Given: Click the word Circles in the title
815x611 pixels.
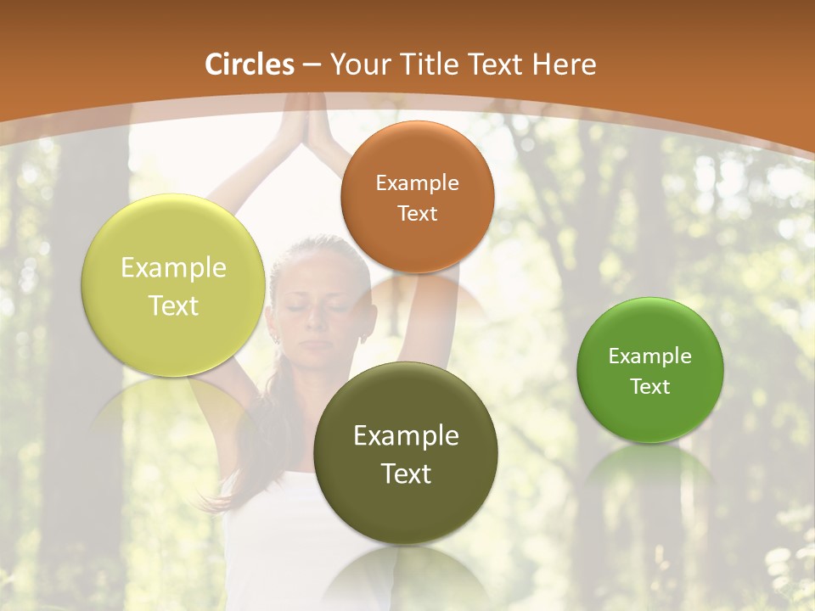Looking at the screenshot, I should point(249,64).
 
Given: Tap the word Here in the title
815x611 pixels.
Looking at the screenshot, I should point(565,64).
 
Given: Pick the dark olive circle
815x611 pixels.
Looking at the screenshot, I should point(406,509).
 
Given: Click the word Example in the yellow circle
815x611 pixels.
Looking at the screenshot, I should point(173,268).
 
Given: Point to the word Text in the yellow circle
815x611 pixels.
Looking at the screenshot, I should point(173,305).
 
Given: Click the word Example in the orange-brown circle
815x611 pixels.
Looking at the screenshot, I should point(417,182).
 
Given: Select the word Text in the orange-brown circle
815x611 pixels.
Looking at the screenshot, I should point(417,213).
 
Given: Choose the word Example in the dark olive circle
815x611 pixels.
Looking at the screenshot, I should point(406,435).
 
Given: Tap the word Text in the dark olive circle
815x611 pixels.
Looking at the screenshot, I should point(406,474).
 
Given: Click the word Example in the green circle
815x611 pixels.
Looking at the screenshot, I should point(650,356).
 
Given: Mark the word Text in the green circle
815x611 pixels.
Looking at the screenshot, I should point(650,387).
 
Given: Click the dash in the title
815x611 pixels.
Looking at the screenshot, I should point(312,65).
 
